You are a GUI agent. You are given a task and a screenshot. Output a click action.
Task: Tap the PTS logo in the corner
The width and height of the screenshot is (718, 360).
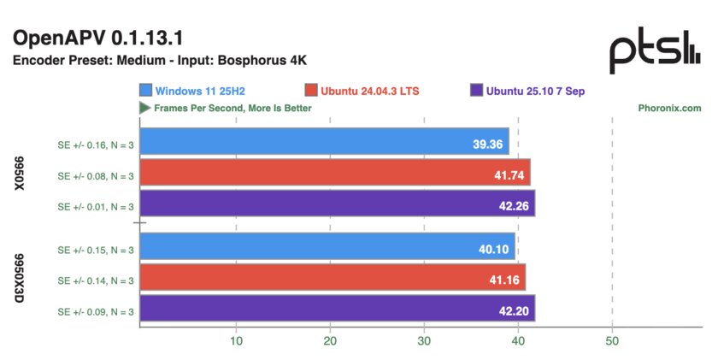coord(656,53)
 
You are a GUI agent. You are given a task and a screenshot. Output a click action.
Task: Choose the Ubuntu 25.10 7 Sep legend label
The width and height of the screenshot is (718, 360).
coord(534,91)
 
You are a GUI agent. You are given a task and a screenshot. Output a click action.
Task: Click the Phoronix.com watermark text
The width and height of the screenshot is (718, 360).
coord(669,109)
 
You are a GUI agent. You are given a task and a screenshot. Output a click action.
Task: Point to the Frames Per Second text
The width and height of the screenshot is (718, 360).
coord(232,109)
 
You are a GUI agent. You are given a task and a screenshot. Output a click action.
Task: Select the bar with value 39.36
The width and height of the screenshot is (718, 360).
coord(324,142)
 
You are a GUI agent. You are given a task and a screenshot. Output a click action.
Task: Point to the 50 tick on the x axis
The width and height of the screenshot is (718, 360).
coord(612,340)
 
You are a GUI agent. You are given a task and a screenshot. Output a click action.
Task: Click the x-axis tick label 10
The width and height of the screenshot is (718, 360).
coord(236,340)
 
